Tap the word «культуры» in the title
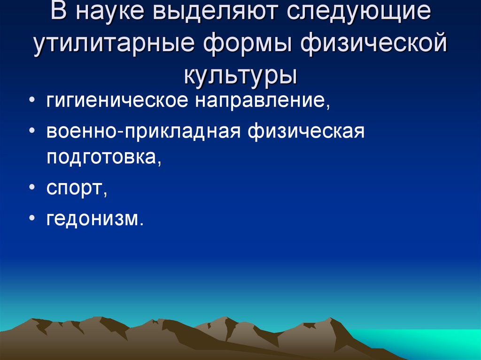[240, 75]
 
